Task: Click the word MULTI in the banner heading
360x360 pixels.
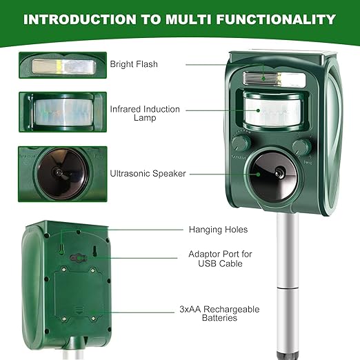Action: point(188,19)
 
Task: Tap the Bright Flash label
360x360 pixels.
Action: point(134,64)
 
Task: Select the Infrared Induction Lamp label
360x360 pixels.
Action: point(145,113)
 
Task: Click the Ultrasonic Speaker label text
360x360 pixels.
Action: point(148,174)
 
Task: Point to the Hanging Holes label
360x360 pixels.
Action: point(218,230)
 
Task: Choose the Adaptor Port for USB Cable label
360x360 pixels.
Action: point(220,259)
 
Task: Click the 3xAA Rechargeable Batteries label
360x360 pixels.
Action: point(219,313)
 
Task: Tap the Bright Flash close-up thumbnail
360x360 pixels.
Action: point(63,65)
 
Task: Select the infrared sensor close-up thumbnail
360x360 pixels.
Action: point(63,112)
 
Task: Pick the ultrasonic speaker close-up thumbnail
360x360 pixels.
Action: point(63,174)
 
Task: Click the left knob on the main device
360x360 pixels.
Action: point(241,143)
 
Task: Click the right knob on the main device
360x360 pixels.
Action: point(301,148)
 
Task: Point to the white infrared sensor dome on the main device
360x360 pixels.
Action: point(273,112)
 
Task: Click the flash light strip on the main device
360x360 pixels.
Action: point(274,79)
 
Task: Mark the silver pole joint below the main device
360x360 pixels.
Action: point(288,288)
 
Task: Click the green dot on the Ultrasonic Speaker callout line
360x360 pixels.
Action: point(258,174)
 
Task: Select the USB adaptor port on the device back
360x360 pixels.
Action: point(79,258)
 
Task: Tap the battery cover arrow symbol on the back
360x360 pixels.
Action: point(79,310)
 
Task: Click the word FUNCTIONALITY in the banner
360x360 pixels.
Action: point(276,19)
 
